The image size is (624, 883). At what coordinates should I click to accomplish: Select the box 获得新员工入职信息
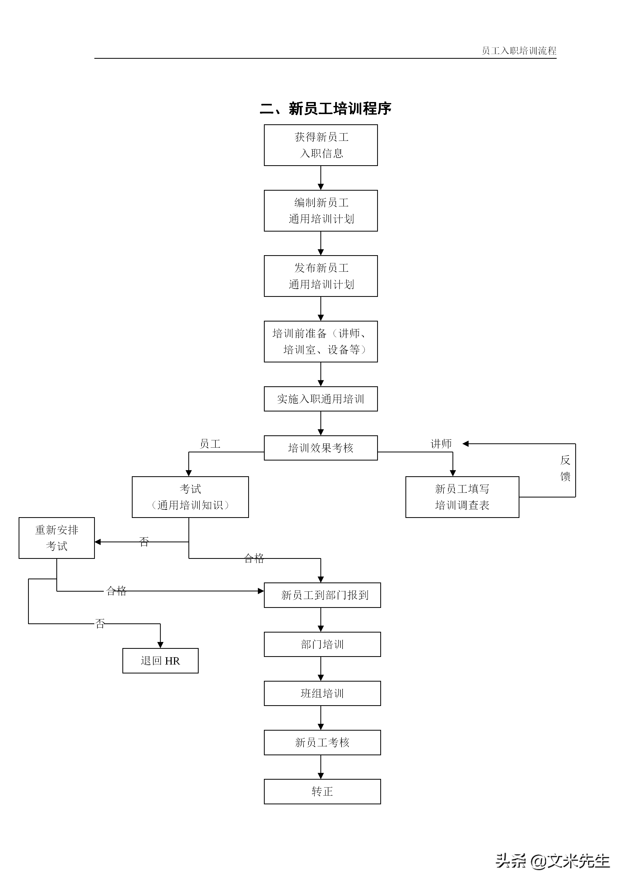point(321,145)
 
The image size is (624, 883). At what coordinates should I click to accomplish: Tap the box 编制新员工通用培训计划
point(321,211)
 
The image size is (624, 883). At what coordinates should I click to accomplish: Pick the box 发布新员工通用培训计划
point(321,276)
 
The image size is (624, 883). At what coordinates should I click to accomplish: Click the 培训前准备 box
point(321,341)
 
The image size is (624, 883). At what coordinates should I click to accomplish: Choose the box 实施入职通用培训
point(321,399)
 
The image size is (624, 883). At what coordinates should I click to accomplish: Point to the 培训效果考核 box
point(321,448)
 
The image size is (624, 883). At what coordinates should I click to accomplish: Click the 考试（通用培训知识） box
point(190,497)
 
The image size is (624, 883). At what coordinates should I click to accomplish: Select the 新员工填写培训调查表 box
point(462,497)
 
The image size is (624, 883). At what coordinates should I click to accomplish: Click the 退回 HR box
point(160,661)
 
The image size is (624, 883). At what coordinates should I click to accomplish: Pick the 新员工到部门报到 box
point(322,595)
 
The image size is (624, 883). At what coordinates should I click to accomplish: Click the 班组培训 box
point(322,693)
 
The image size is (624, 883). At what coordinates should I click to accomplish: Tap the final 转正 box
point(322,791)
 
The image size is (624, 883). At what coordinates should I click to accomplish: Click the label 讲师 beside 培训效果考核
point(441,444)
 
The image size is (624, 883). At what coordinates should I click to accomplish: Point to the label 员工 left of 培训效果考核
point(210,444)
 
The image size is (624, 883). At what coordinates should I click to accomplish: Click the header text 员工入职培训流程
point(519,51)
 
